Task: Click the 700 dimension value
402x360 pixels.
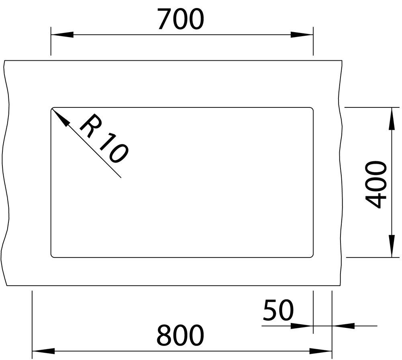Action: [x=180, y=19]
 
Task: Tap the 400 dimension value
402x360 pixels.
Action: [x=376, y=184]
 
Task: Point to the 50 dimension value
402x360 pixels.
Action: [x=278, y=310]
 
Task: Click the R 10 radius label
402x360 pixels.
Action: [x=104, y=138]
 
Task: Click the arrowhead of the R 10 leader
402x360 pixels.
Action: [x=60, y=117]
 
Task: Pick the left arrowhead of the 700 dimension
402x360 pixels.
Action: [x=62, y=35]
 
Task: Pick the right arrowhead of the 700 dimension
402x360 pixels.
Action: [x=302, y=35]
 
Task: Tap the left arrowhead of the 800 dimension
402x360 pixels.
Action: [x=43, y=351]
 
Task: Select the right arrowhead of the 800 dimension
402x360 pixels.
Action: [x=321, y=351]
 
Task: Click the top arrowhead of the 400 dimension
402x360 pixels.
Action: [x=392, y=119]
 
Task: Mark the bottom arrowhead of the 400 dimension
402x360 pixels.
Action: [x=392, y=245]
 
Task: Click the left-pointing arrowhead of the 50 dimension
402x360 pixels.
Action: [x=343, y=326]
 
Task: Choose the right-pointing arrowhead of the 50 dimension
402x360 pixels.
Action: [x=302, y=326]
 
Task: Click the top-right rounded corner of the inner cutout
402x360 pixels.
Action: [x=312, y=109]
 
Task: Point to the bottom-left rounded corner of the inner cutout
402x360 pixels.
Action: [x=52, y=256]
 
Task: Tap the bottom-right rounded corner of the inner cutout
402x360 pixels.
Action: [x=312, y=256]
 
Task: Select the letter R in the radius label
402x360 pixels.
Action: [x=90, y=125]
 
